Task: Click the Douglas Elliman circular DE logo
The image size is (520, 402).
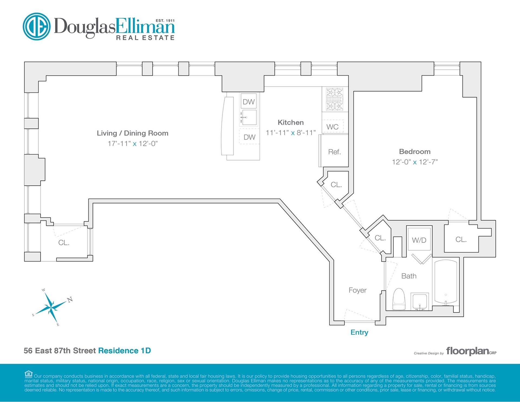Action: click(37, 27)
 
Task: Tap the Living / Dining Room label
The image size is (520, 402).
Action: click(132, 133)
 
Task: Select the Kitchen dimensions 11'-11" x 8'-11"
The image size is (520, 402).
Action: click(291, 133)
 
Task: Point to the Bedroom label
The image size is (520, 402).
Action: click(415, 152)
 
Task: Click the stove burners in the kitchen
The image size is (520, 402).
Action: click(334, 99)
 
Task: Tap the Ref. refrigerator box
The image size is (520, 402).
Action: click(334, 152)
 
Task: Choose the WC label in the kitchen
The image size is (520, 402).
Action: click(332, 127)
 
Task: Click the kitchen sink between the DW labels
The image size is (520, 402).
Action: click(249, 117)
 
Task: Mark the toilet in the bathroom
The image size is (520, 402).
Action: click(399, 299)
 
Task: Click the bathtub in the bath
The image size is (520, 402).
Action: click(446, 282)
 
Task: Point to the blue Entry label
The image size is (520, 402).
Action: click(359, 332)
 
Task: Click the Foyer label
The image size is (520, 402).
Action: click(357, 290)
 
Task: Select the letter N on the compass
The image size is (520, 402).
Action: click(70, 299)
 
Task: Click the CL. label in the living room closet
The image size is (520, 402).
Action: click(64, 243)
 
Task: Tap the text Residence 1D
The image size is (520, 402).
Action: click(124, 351)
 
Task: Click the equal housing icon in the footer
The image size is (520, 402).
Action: click(28, 374)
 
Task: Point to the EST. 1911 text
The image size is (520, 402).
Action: click(165, 21)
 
